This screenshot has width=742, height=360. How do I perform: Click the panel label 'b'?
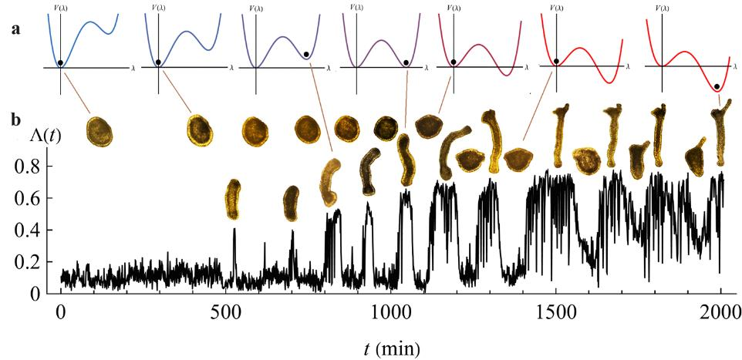click(15, 121)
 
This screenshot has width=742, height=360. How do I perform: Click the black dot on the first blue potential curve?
click(60, 62)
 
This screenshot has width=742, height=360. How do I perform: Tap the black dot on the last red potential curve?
click(717, 87)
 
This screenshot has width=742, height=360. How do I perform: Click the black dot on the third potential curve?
click(306, 55)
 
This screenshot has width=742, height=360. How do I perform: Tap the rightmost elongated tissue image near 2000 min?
click(720, 135)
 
